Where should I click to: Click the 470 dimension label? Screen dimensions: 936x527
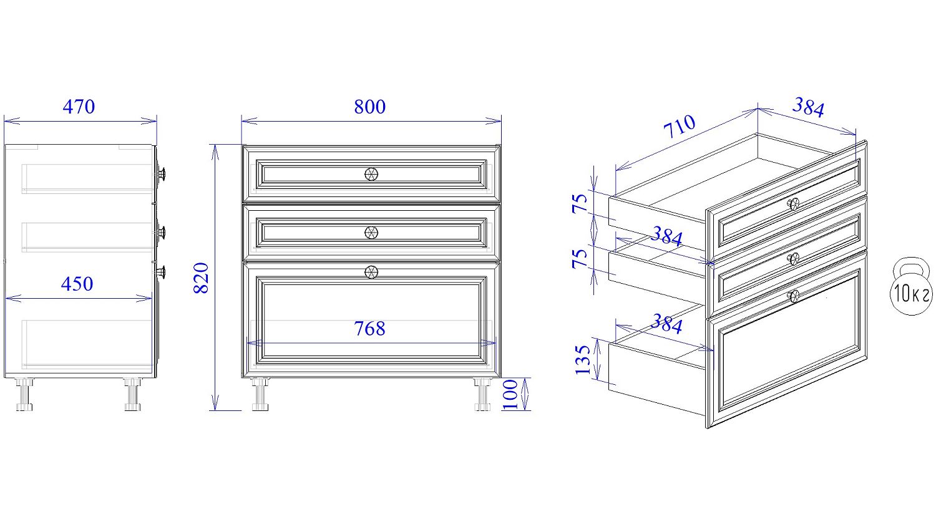(79, 107)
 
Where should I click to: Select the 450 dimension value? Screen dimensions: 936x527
(77, 284)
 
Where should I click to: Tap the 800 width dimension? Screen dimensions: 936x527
(370, 107)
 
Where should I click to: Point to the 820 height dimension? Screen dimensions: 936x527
(201, 278)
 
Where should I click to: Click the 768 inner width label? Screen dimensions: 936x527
(370, 329)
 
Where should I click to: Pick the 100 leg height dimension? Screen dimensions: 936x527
(510, 395)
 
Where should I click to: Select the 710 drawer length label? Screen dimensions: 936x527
(680, 126)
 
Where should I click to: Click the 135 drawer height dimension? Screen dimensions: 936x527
(582, 360)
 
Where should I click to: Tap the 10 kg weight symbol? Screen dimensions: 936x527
(911, 286)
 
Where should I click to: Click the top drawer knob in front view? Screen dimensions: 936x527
(371, 174)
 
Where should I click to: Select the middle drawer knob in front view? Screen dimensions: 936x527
(371, 233)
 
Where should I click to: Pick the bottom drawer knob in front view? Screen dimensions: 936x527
(371, 273)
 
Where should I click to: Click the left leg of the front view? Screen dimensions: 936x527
(260, 394)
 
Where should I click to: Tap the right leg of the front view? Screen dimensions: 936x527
(482, 394)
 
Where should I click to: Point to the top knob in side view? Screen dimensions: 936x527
(161, 173)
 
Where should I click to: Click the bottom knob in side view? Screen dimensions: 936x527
(161, 272)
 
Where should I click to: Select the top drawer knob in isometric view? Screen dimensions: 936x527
(793, 204)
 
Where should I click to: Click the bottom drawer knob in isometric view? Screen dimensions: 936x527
(793, 296)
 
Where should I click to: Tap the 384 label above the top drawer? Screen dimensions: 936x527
(808, 107)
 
